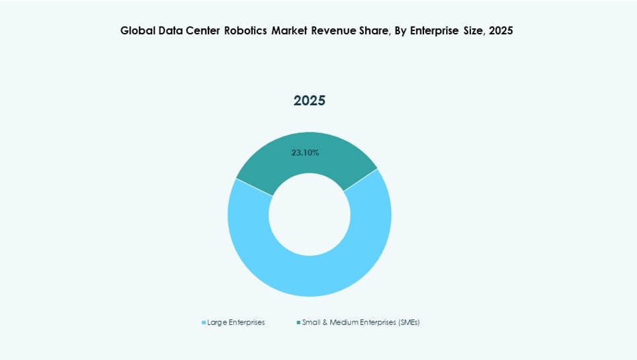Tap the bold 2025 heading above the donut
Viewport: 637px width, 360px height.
(x=309, y=101)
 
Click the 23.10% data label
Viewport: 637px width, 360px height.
(x=305, y=153)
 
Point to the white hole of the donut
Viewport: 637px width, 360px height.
(x=309, y=214)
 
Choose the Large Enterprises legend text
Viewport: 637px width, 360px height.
(x=236, y=323)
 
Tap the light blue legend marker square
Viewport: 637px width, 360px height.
(x=203, y=323)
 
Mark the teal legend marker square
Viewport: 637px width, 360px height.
(x=299, y=323)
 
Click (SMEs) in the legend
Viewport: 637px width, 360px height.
(x=409, y=323)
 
